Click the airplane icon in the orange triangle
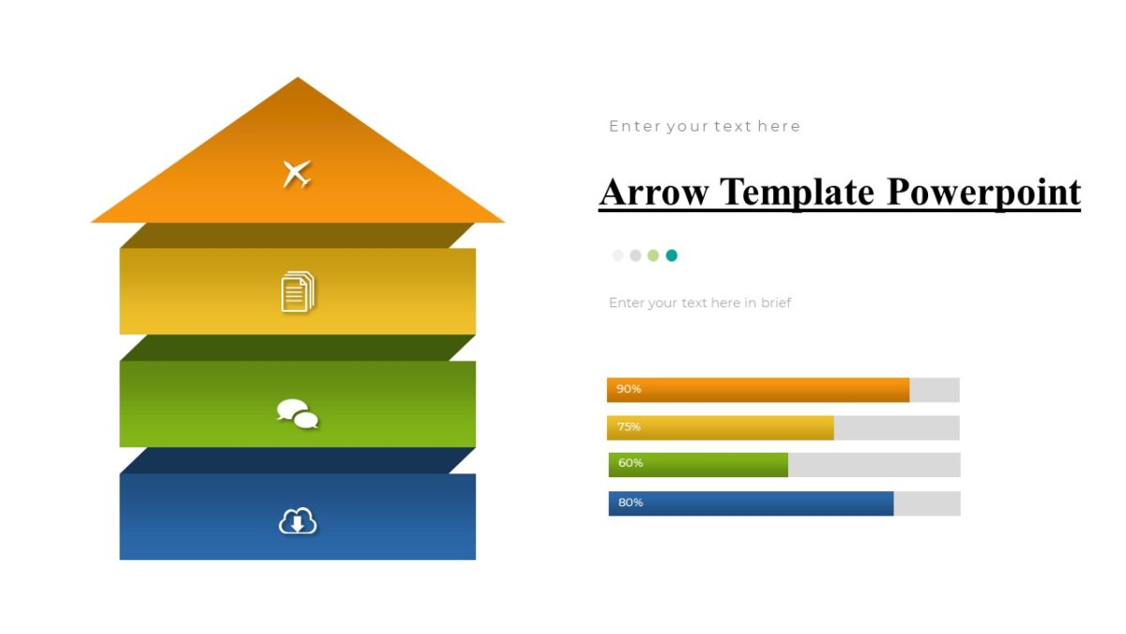pos(297,174)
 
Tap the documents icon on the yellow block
pos(297,291)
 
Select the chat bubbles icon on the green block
pos(297,413)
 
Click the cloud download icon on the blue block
pos(297,520)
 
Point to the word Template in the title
pos(798,193)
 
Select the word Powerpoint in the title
pos(983,193)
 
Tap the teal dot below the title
pos(672,255)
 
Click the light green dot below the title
pos(653,255)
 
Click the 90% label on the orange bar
pos(629,389)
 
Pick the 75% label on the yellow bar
pos(629,427)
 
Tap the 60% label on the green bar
pos(631,464)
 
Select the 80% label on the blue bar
pos(631,503)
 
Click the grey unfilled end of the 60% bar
pos(874,465)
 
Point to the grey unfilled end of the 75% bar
pos(896,427)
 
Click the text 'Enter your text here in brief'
pos(700,302)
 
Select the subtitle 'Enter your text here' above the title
pos(705,126)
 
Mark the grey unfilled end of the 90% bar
pos(934,390)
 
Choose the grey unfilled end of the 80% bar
pos(926,503)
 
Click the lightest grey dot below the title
pos(617,255)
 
